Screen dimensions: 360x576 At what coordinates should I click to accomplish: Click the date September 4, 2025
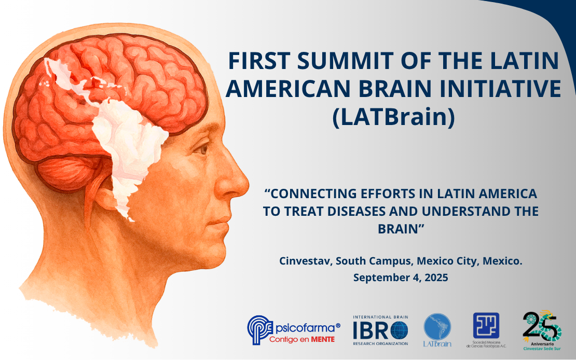pos(400,278)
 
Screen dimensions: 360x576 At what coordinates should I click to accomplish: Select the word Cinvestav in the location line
pos(305,260)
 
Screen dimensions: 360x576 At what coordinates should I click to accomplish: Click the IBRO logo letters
pos(380,330)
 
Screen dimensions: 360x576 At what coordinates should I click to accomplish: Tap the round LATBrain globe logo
pos(437,327)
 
